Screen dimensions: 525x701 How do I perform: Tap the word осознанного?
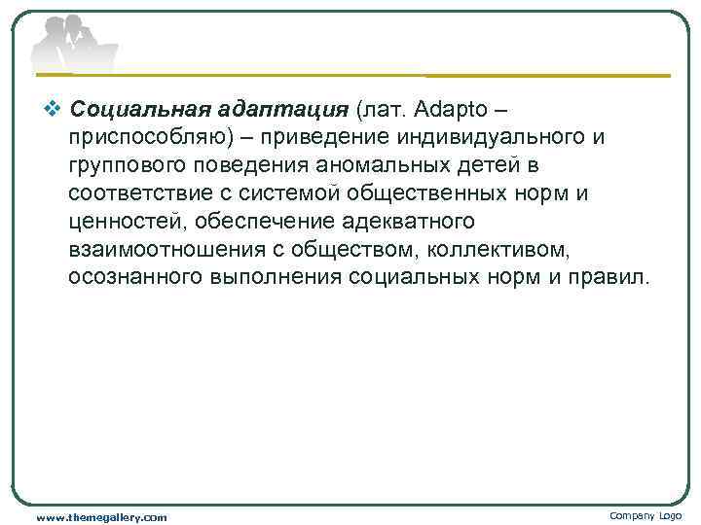pyautogui.click(x=134, y=277)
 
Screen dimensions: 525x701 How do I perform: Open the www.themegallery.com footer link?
pyautogui.click(x=101, y=517)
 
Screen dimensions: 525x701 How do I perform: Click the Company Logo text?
pyautogui.click(x=645, y=515)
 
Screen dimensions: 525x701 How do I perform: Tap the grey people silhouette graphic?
pyautogui.click(x=70, y=45)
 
